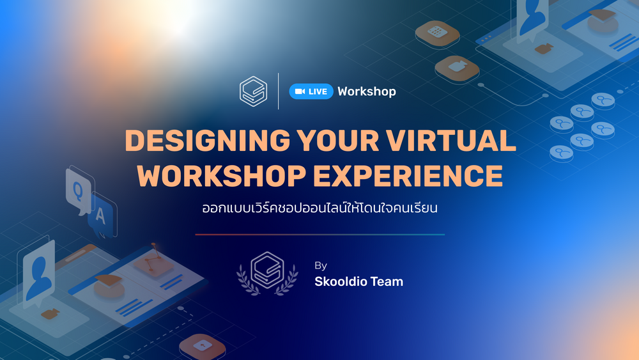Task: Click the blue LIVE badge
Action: pos(311,91)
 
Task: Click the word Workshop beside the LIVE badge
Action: pos(367,91)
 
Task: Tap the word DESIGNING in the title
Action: pos(208,141)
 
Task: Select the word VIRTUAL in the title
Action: pos(451,141)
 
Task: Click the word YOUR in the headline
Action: pos(338,141)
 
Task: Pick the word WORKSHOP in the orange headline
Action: pos(221,176)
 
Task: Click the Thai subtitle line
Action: pos(320,208)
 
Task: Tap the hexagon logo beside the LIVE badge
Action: pos(254,91)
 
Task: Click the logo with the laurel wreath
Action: pos(267,273)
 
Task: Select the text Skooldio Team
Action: pos(358,281)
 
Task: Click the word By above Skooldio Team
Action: pos(321,266)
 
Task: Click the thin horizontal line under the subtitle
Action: pos(320,235)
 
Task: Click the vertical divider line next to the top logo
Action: pos(279,91)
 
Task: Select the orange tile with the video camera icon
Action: pos(458,68)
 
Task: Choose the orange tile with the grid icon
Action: pos(437,33)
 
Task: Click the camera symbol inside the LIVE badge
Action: pos(300,91)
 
